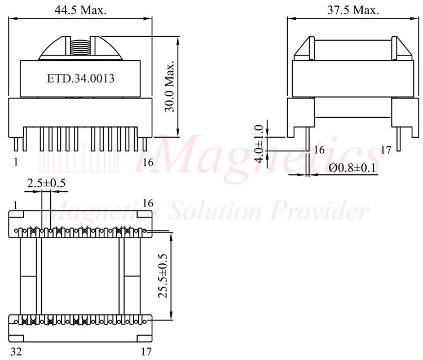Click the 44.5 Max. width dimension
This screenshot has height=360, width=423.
coord(81,10)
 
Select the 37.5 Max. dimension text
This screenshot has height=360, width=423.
coord(352,10)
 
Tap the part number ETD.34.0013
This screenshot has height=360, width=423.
coord(81,79)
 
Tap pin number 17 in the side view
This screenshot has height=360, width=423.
coord(386,150)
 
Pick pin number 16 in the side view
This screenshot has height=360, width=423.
coord(319,150)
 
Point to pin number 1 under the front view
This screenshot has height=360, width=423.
coord(15,163)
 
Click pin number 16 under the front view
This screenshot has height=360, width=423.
coord(147,163)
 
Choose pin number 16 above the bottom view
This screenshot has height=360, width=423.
coord(148,203)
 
